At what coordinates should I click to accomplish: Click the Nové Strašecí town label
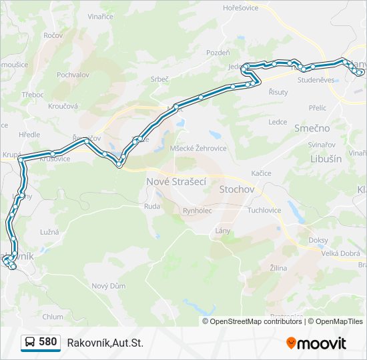click(176, 181)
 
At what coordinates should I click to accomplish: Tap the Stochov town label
click(237, 189)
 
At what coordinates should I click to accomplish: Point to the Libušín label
click(326, 159)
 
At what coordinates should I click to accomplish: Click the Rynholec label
click(197, 210)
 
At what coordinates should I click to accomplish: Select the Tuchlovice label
click(264, 210)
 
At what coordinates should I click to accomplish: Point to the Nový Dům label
click(108, 285)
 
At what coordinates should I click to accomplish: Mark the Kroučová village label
click(63, 105)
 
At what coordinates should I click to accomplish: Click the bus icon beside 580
click(30, 343)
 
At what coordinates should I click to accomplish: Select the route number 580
click(48, 342)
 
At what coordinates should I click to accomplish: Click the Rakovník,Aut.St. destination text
click(105, 343)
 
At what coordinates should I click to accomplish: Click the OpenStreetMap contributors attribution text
click(256, 321)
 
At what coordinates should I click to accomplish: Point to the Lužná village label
click(49, 232)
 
